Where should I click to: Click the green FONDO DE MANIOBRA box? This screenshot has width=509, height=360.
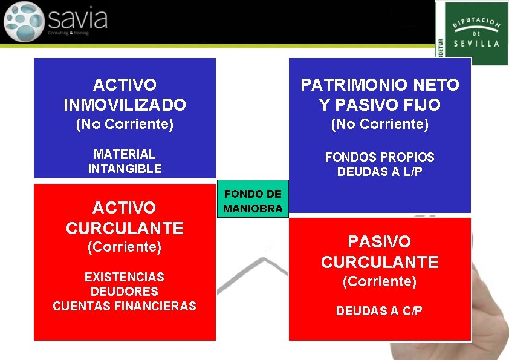252,201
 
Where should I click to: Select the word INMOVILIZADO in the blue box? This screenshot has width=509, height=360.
125,105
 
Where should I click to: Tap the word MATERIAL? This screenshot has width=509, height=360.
125,154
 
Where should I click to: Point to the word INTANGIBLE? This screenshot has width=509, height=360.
125,169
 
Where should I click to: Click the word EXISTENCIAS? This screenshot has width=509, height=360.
125,277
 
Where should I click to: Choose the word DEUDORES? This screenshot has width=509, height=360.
125,292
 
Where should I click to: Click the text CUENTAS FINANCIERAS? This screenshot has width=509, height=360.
125,306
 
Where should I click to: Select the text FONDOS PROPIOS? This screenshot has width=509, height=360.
380,157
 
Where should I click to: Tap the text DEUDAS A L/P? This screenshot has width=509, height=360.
380,172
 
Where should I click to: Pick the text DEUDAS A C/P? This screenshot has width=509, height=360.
380,311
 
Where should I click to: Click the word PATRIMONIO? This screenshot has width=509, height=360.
350,85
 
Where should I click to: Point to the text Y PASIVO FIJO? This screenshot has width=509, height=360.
380,105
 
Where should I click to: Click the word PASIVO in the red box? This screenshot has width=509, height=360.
380,242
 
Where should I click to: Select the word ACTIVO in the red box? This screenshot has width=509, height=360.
125,208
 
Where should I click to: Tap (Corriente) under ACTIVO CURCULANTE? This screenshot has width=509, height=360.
125,247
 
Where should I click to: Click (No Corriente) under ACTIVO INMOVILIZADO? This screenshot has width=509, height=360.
125,125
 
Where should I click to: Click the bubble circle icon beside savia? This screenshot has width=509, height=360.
24,21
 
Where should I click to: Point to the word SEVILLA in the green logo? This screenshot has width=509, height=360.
477,44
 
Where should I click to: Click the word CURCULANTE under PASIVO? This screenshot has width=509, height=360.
380,263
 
